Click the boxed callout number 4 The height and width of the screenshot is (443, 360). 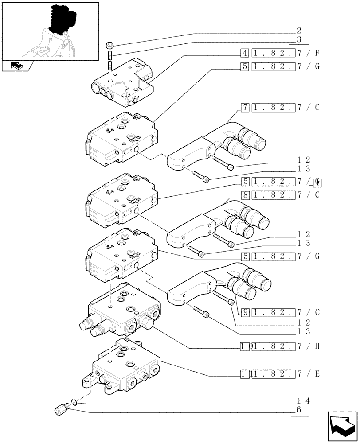pos(244,54)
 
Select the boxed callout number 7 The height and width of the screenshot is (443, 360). pos(244,107)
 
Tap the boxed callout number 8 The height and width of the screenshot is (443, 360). pos(244,194)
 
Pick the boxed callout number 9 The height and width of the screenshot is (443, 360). pos(244,312)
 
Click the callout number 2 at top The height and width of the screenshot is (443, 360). pos(299,31)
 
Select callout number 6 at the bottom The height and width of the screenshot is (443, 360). pos(299,410)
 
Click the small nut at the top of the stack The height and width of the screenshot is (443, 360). pos(111,45)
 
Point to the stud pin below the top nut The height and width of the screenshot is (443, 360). pos(111,58)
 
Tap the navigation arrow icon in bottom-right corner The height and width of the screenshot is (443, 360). pos(342,426)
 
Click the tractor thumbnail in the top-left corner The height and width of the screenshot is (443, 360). pos(50,31)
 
